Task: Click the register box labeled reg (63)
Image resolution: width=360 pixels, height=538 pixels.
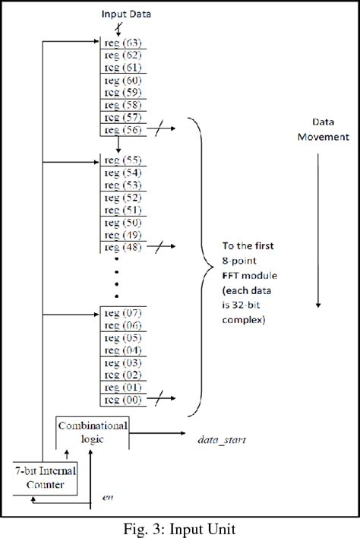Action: pyautogui.click(x=122, y=43)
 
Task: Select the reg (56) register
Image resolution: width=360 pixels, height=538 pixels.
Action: pyautogui.click(x=122, y=130)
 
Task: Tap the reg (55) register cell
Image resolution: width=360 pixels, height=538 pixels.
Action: pyautogui.click(x=122, y=161)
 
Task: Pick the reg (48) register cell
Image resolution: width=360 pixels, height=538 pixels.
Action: pyautogui.click(x=122, y=247)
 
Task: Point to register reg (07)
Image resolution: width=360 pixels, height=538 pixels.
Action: pyautogui.click(x=122, y=312)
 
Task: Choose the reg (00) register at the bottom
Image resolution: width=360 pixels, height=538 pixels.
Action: pyautogui.click(x=122, y=399)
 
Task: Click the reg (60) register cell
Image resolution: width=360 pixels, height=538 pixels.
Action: pyautogui.click(x=122, y=81)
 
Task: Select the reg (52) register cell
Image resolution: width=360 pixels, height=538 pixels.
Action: pyautogui.click(x=122, y=198)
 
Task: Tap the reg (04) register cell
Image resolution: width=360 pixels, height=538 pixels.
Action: pyautogui.click(x=122, y=350)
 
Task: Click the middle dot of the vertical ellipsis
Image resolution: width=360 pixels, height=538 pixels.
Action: pyautogui.click(x=116, y=283)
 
